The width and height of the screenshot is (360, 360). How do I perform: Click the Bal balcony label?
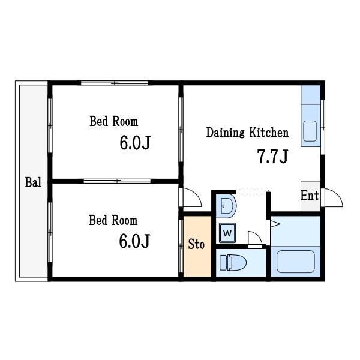tap(33, 182)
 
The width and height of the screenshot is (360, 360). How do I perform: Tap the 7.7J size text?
tap(273, 157)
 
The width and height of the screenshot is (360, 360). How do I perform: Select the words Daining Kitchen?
tap(247, 133)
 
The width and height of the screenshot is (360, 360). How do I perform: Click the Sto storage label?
tap(196, 244)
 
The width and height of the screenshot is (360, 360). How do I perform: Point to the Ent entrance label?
tap(310, 196)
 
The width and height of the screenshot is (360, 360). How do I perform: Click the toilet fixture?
tap(233, 262)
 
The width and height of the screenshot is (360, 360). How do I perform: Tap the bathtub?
tap(295, 262)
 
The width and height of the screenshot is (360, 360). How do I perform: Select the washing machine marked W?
tap(227, 233)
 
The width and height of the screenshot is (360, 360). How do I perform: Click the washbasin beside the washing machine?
tap(226, 206)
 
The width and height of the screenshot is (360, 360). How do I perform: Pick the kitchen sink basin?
tap(310, 131)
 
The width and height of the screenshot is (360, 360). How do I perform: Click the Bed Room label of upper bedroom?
tap(113, 121)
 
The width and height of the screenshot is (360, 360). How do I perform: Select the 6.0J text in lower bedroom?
tap(134, 241)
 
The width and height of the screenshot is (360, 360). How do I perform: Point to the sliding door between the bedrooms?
tap(117, 181)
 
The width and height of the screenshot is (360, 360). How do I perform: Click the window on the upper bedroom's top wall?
tap(115, 83)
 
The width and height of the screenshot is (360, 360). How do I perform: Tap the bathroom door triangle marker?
tap(275, 224)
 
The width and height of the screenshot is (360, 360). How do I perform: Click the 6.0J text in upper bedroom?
tap(135, 143)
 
